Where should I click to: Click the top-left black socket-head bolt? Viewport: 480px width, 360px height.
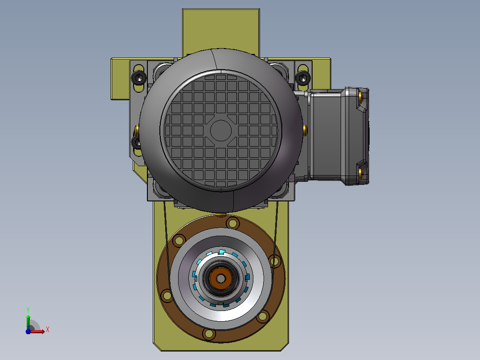138,78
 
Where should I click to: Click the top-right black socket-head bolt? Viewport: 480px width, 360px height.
303,78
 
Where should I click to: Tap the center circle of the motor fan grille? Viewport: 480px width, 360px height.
221,131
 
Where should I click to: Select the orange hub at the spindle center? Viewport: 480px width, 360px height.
221,278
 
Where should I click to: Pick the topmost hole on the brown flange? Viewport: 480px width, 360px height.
232,223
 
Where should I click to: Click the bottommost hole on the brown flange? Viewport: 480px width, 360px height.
209,334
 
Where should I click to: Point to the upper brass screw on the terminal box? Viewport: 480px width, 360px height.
361,97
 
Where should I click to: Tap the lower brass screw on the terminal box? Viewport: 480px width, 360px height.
361,173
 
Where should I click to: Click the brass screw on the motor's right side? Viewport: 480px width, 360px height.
305,130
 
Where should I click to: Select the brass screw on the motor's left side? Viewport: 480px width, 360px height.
137,130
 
